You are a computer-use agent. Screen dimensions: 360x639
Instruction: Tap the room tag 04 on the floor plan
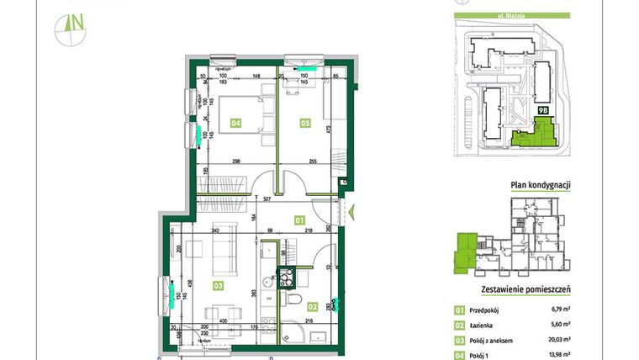click(236, 124)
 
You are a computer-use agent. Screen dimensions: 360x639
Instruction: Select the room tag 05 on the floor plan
click(306, 124)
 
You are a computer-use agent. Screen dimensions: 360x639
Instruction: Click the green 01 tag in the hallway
click(298, 221)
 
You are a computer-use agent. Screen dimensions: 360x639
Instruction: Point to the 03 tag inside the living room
click(219, 286)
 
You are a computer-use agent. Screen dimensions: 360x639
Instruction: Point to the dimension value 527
click(267, 199)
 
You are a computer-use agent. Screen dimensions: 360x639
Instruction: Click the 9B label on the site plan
click(542, 109)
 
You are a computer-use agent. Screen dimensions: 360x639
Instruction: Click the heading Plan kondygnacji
click(541, 186)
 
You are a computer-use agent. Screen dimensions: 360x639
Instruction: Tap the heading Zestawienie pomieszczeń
click(525, 289)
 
